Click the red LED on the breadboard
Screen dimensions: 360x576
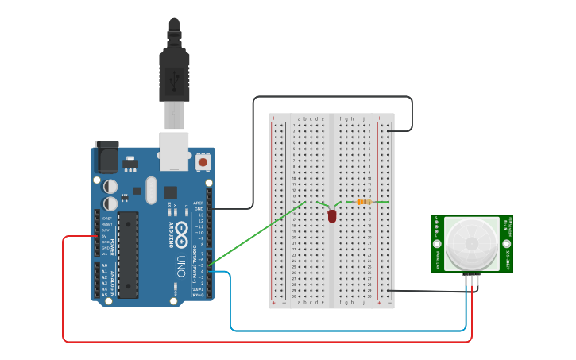point(331,215)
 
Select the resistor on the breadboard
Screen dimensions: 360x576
point(364,202)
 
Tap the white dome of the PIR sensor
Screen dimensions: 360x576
point(471,244)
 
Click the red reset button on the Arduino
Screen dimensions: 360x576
point(203,162)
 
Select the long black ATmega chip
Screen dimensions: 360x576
point(128,254)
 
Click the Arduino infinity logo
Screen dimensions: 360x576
point(181,234)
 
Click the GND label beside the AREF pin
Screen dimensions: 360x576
point(199,209)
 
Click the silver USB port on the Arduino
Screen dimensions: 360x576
point(174,151)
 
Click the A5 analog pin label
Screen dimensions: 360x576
point(104,295)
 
